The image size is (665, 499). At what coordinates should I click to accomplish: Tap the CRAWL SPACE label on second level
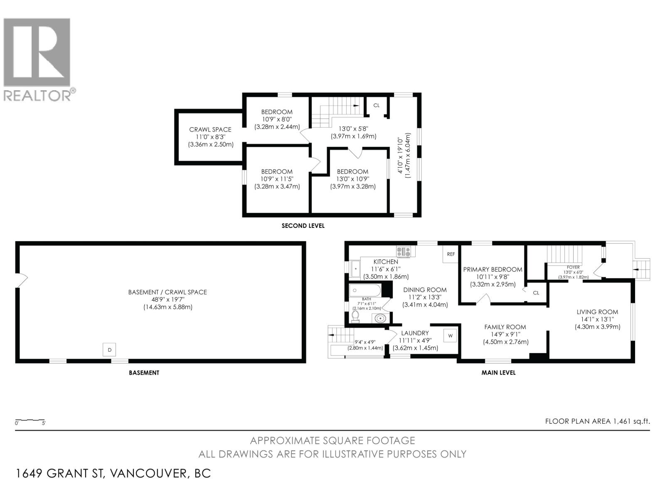(210, 130)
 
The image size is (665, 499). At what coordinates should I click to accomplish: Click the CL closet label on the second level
(376, 106)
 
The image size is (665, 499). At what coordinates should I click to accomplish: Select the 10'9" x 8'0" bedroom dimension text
(277, 119)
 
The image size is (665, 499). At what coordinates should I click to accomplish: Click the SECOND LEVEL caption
(303, 226)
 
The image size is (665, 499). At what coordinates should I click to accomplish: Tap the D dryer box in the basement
(109, 350)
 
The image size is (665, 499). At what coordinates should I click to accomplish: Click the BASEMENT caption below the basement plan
(144, 373)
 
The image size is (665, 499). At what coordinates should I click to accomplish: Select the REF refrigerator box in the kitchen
(451, 254)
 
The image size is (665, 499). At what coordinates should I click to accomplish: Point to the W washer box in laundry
(450, 335)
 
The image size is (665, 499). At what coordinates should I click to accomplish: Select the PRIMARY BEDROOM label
(493, 269)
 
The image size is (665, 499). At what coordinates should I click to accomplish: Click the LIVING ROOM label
(597, 312)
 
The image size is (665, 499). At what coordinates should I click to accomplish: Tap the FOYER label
(573, 267)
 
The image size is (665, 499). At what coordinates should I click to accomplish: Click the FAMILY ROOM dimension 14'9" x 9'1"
(505, 335)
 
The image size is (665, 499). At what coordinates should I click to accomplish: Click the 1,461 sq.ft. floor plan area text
(631, 421)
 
